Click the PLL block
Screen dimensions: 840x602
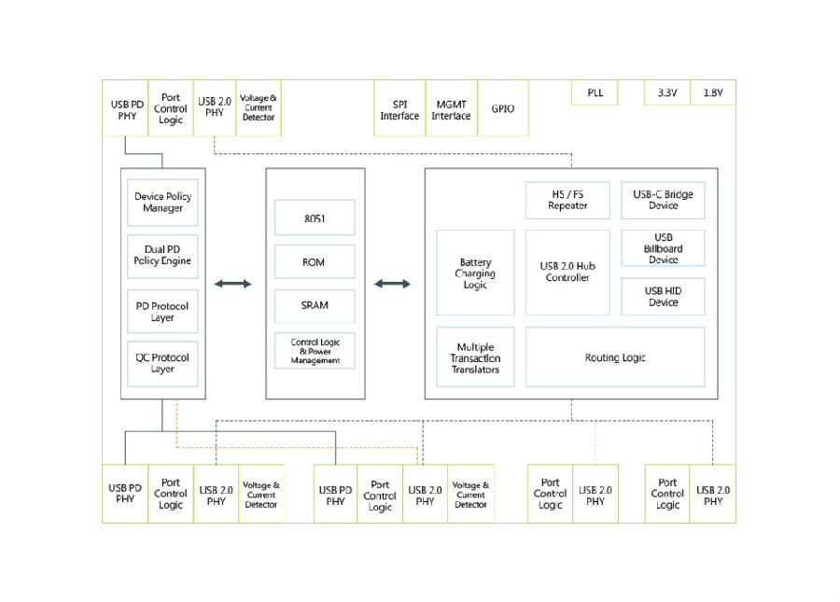(595, 92)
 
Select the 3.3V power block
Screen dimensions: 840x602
(667, 92)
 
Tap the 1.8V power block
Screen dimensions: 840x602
(713, 92)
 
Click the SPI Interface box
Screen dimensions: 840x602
(399, 108)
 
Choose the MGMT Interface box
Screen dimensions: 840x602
(452, 108)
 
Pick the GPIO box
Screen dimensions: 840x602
(503, 108)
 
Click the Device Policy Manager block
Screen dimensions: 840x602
(162, 203)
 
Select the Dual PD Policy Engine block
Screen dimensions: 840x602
(162, 256)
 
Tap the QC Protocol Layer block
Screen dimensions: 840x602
(162, 364)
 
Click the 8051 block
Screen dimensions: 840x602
(315, 217)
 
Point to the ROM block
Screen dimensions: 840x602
(315, 262)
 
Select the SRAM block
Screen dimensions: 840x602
(315, 306)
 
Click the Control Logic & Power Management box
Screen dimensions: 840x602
(315, 351)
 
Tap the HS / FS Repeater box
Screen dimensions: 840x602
(567, 201)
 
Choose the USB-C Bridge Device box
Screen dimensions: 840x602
(664, 201)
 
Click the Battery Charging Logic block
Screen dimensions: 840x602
(476, 273)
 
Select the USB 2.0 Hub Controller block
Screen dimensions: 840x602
(567, 273)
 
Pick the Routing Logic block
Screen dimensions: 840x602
(616, 357)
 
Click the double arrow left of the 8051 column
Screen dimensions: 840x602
(232, 284)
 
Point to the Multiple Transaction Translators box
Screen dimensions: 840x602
(476, 357)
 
